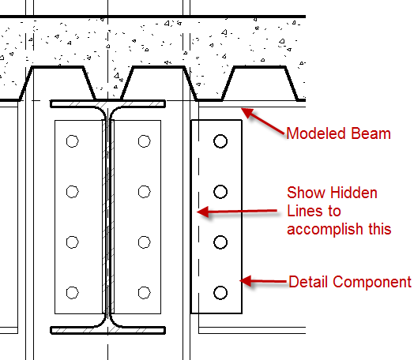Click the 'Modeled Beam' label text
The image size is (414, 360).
point(338,133)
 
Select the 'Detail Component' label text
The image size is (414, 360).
point(350,282)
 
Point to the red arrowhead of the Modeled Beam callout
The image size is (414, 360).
point(247,112)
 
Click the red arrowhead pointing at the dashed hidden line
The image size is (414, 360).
point(203,212)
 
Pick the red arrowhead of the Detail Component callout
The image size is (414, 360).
point(246,281)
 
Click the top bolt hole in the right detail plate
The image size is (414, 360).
point(220,141)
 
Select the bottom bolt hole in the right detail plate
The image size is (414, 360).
point(220,293)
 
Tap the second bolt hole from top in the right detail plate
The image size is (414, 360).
point(220,192)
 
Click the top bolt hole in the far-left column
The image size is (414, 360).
point(72,141)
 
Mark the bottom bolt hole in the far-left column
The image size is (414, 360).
point(72,293)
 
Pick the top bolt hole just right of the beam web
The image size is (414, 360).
point(144,141)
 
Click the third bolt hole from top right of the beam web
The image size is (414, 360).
point(144,242)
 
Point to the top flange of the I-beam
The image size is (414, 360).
point(107,103)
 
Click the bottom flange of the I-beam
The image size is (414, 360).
point(107,330)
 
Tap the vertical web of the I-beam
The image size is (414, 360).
point(107,217)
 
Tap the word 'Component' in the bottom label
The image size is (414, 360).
point(372,283)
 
